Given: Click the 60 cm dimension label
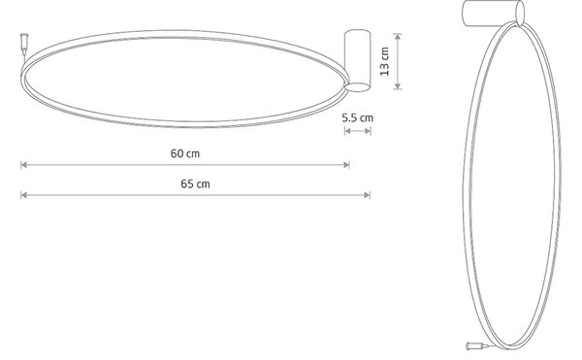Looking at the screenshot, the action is pos(185,153).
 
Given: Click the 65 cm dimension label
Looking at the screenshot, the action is pos(195,183).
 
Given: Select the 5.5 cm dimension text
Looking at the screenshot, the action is pos(357,118).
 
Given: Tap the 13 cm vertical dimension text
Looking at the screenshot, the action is pos(385,61).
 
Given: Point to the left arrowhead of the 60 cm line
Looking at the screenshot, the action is pos(23,165).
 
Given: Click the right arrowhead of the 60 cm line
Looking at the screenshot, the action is pos(346,165).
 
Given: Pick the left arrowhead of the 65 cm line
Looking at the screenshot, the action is pos(23,195).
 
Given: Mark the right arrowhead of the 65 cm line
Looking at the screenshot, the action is pos(368,195).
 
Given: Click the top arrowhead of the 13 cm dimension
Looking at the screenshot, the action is pos(398,36).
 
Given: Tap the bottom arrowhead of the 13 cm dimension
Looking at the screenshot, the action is pos(398,86).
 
